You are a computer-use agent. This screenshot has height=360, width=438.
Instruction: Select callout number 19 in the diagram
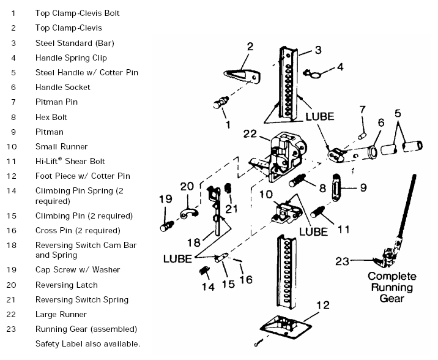click(165, 198)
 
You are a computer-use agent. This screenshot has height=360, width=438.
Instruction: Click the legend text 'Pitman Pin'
click(56, 102)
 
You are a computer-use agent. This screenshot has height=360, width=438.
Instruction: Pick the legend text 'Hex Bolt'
click(51, 117)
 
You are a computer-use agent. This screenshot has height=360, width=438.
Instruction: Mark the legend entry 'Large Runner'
click(61, 314)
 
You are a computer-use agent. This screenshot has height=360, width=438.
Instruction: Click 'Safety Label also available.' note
click(87, 343)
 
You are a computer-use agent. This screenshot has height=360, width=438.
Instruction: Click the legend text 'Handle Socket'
click(62, 88)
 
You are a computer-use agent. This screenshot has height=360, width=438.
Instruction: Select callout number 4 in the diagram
click(340, 66)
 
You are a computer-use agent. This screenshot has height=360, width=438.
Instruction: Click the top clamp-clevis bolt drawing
click(221, 102)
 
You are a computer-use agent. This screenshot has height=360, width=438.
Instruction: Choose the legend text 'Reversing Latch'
click(66, 285)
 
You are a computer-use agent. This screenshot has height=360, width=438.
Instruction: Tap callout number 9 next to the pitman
click(363, 188)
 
